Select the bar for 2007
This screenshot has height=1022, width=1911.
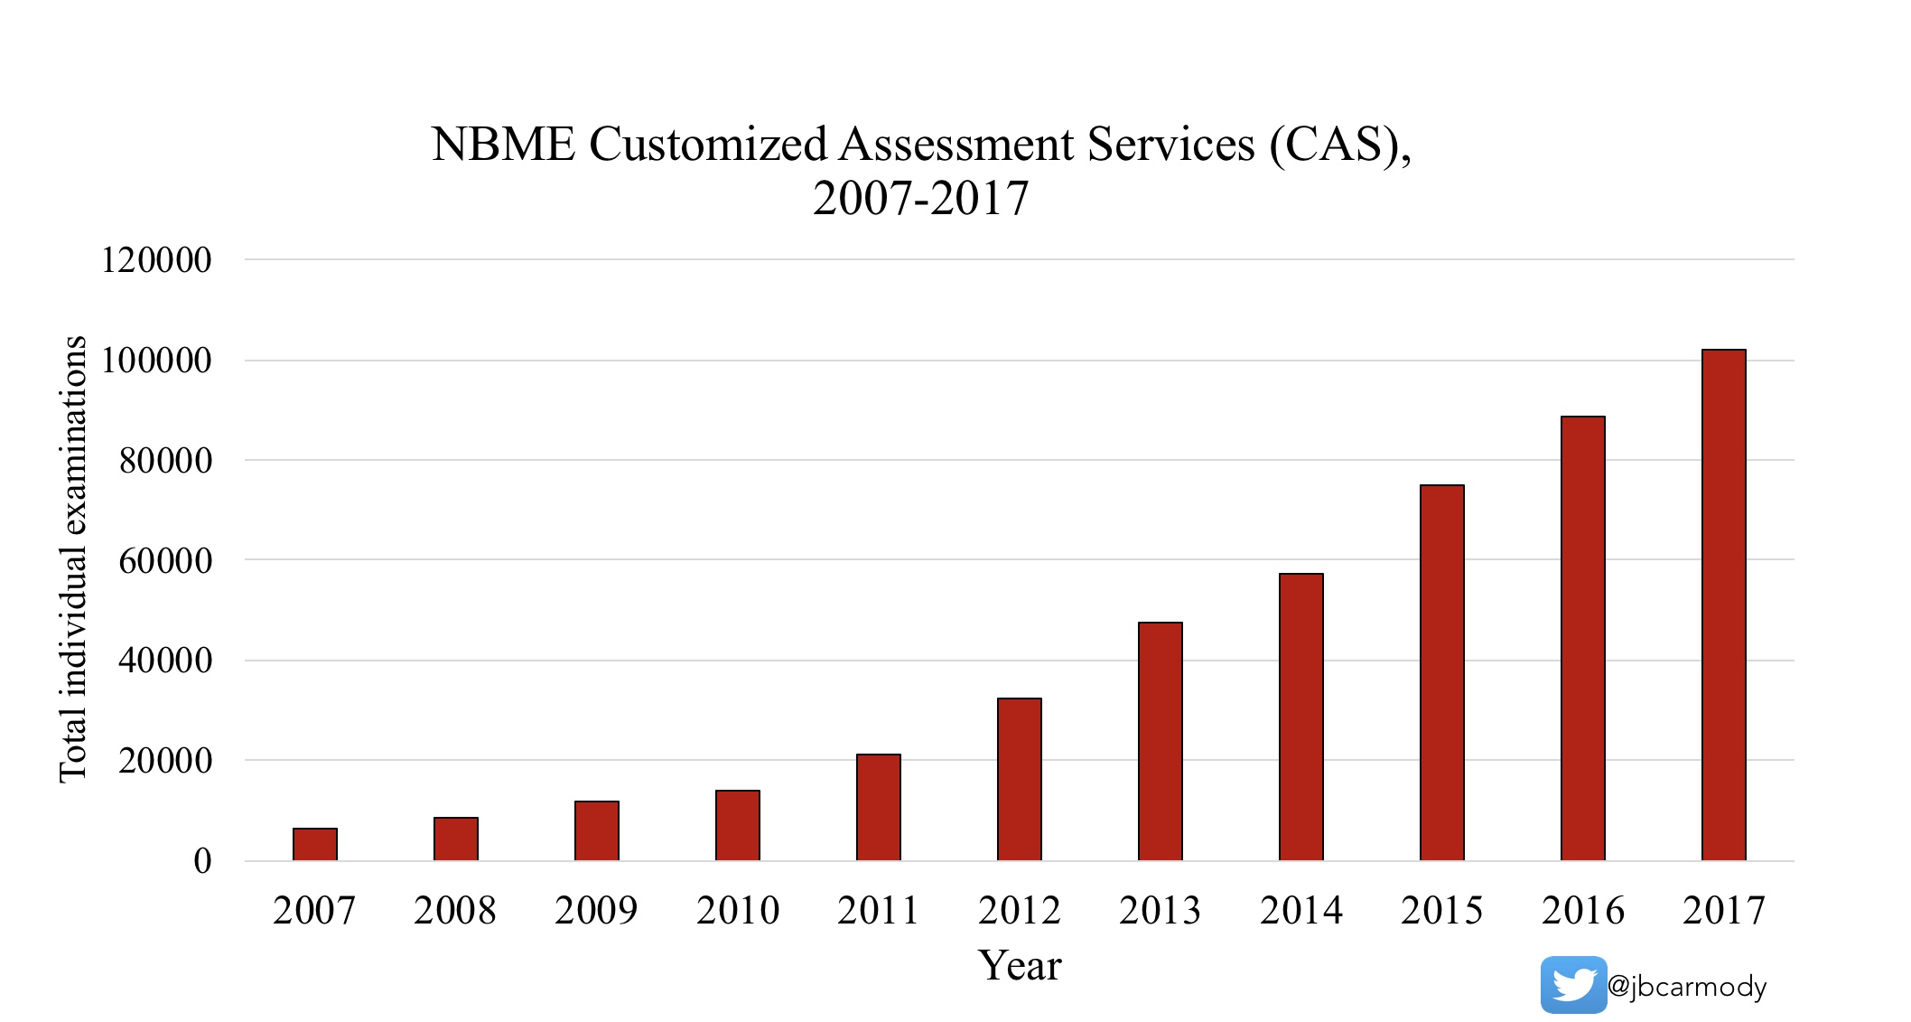(315, 844)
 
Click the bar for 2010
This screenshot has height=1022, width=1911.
(738, 825)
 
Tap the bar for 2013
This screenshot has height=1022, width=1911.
(1161, 741)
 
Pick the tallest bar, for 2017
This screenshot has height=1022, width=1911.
(1724, 605)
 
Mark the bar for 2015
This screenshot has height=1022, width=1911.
(1442, 672)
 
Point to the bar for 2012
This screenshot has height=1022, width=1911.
(1020, 779)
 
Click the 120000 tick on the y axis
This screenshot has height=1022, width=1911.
(156, 260)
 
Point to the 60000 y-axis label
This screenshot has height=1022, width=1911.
(165, 560)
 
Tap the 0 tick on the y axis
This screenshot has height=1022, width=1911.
(202, 860)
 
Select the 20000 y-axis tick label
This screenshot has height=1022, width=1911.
(165, 761)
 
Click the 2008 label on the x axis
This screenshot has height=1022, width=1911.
(455, 910)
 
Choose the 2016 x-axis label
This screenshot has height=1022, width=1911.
(1582, 910)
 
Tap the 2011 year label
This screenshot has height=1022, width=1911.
(878, 910)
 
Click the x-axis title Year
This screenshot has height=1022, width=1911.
(1020, 965)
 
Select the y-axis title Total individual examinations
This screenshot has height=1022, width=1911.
(73, 559)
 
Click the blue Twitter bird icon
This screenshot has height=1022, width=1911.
(1573, 985)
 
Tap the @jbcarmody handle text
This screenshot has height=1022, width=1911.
(1687, 986)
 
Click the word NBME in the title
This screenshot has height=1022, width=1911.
(503, 145)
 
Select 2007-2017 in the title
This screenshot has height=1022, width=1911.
(920, 199)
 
